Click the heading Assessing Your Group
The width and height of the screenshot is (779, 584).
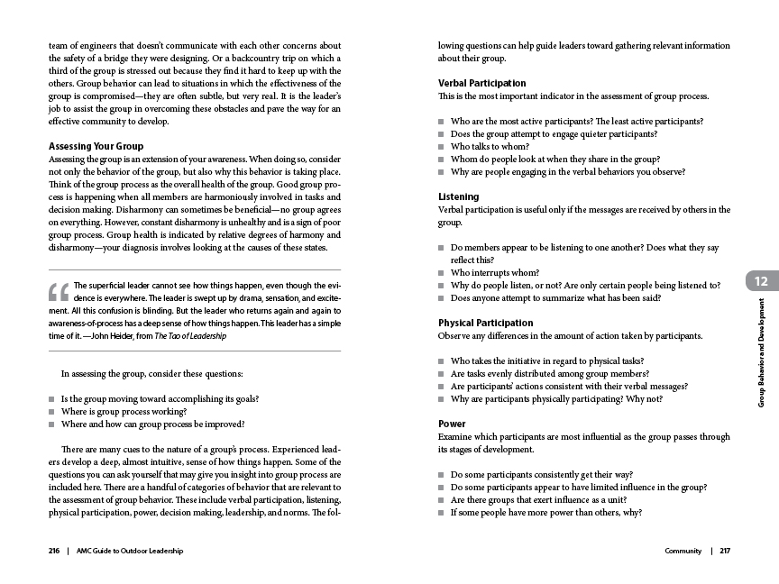tap(96, 146)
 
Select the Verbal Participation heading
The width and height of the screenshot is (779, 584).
tap(481, 83)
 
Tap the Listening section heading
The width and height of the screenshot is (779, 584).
tap(458, 196)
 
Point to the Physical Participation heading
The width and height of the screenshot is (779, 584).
tap(485, 323)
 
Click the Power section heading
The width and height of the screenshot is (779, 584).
tap(452, 424)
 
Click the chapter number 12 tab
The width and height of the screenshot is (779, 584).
tap(761, 281)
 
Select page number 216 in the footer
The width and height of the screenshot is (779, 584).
tap(54, 551)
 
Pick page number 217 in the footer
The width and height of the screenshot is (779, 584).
tap(725, 551)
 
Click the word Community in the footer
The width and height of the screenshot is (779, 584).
tap(683, 551)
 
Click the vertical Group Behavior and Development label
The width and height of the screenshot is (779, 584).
tap(761, 351)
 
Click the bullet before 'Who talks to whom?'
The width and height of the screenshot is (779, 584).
tap(442, 147)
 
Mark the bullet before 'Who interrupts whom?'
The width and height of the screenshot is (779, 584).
tap(442, 273)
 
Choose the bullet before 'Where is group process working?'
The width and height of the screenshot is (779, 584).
tap(52, 411)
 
